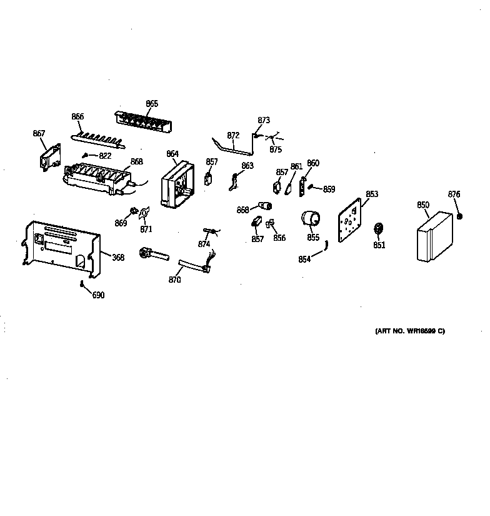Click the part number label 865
point(152,104)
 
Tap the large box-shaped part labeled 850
point(436,236)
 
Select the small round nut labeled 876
point(459,216)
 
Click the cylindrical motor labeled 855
point(310,220)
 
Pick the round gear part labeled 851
point(378,230)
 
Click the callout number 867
point(39,133)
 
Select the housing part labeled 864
point(176,185)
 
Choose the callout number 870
point(174,280)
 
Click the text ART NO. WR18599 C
point(409,331)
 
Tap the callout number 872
point(233,135)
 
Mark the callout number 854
point(304,260)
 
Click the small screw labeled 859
point(311,187)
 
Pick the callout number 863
point(247,166)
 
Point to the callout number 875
point(276,149)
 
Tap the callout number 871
point(146,230)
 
